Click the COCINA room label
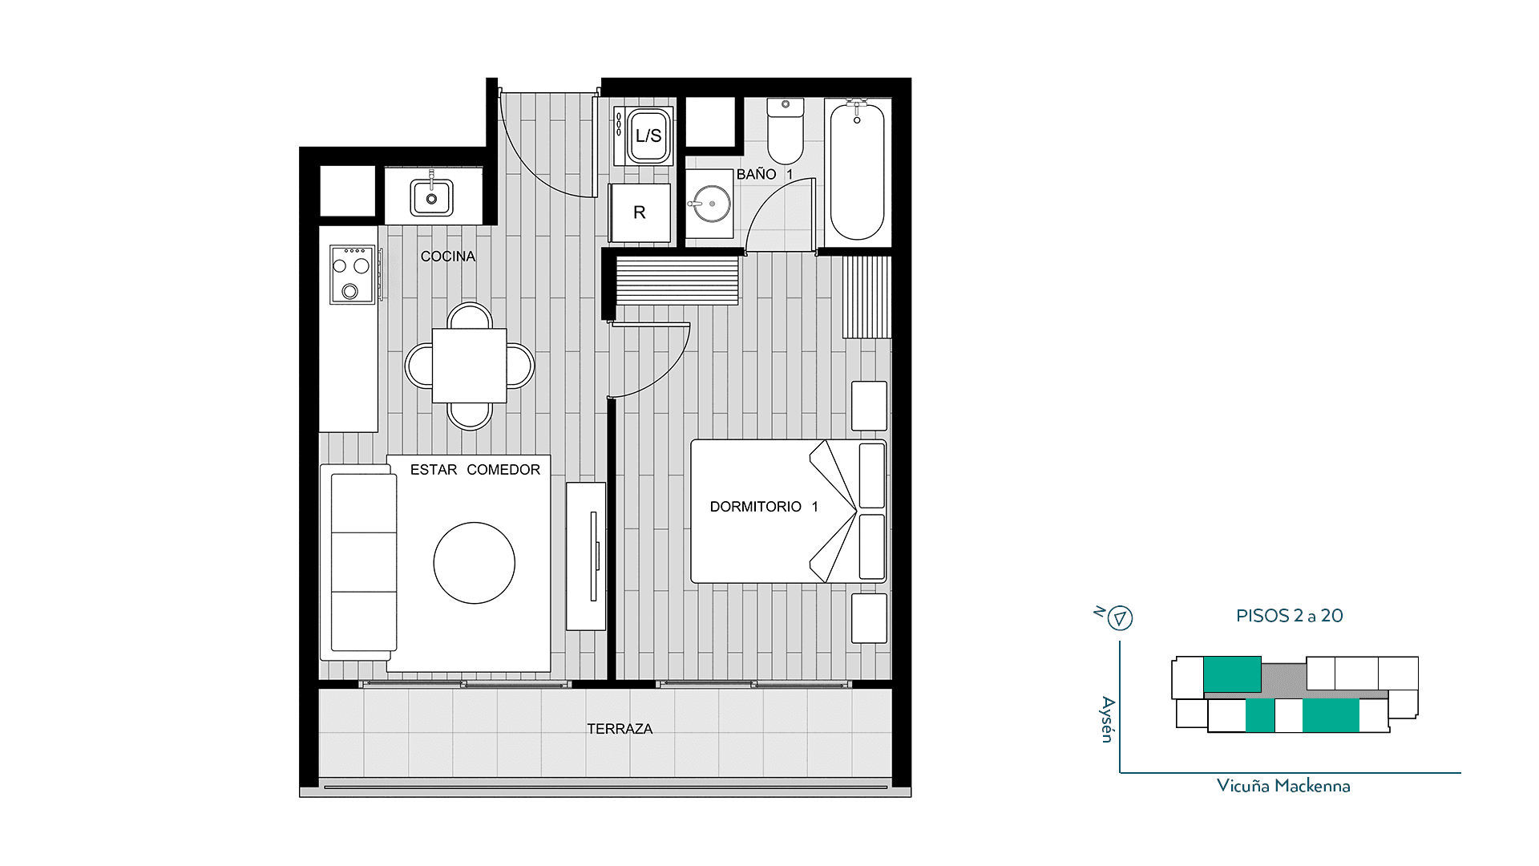(x=448, y=257)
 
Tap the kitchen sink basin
(x=431, y=197)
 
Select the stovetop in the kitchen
(x=353, y=274)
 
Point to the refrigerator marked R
(x=640, y=212)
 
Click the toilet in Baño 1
(x=786, y=131)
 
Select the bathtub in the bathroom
(x=857, y=170)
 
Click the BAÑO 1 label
(x=765, y=174)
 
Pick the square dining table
(x=470, y=366)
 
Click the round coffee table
(x=475, y=563)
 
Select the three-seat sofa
(x=359, y=562)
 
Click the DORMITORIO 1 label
(x=764, y=507)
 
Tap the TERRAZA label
(x=620, y=729)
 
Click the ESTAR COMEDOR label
(x=475, y=470)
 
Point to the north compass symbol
(x=1120, y=618)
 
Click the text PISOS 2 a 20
(x=1289, y=616)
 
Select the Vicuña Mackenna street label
(x=1283, y=786)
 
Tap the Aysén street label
(x=1108, y=719)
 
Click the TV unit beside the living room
(x=586, y=556)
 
